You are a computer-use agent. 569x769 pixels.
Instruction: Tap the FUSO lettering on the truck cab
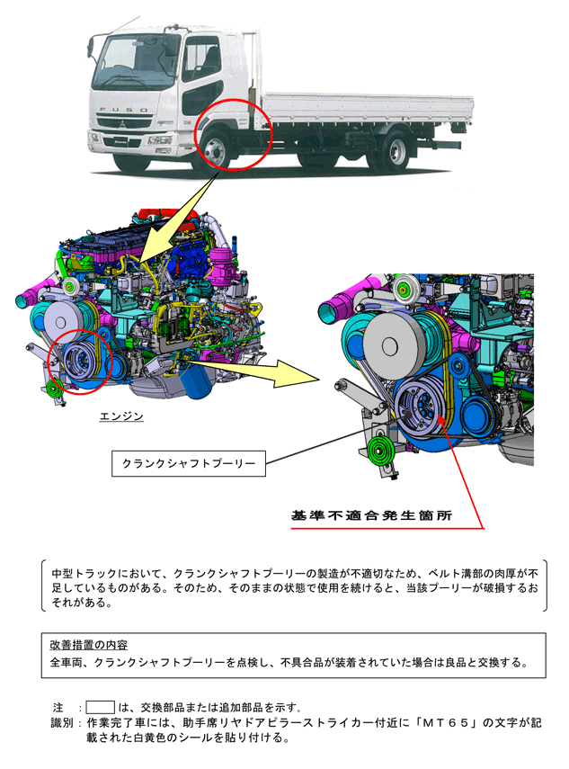tap(123, 110)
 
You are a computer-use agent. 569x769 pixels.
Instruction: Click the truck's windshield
tap(133, 62)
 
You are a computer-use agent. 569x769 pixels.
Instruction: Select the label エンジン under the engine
tap(121, 416)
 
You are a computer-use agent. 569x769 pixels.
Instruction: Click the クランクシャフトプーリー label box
tap(189, 463)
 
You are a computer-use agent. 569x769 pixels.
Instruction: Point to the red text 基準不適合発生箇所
tap(371, 515)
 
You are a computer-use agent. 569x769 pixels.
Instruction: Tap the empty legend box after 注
tap(101, 707)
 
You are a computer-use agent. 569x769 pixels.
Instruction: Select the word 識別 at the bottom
tap(61, 723)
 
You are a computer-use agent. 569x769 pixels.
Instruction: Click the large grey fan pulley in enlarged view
tap(392, 344)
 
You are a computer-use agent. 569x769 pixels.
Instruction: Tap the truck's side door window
tap(201, 58)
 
